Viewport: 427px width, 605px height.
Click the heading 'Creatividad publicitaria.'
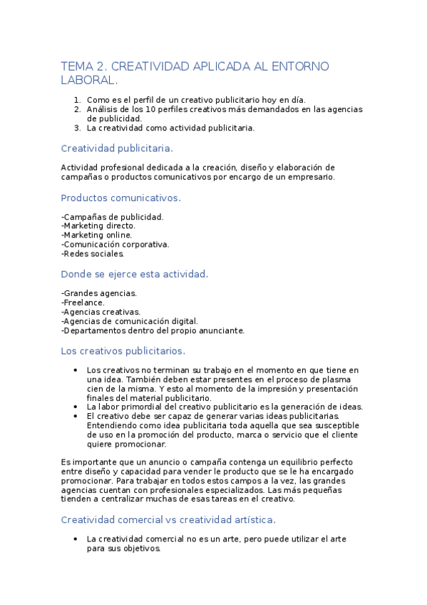tap(117, 148)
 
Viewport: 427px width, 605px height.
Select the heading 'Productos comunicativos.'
tap(121, 198)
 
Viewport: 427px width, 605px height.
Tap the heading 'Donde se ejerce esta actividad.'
tap(135, 274)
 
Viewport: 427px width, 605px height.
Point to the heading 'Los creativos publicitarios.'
tap(123, 350)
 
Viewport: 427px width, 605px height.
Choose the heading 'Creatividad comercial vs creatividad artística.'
tap(168, 519)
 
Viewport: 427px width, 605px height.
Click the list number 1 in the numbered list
tap(77, 100)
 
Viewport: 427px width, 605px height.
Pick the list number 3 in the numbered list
tap(77, 128)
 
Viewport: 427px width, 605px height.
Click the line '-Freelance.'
tap(83, 302)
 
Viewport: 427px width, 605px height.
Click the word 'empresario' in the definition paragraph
tap(309, 176)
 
